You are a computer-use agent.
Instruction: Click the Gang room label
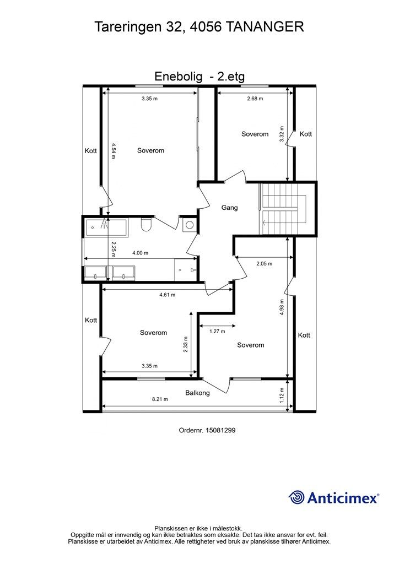pos(229,208)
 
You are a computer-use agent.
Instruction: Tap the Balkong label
pos(197,393)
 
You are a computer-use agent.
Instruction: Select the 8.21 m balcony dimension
pos(160,399)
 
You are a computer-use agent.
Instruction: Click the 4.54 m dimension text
pos(113,151)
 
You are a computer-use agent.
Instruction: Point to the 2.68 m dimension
pos(255,98)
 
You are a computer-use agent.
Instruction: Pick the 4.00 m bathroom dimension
pos(141,253)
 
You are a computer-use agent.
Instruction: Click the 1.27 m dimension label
pos(217,331)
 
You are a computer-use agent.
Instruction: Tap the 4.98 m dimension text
pos(282,307)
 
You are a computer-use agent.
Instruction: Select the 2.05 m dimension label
pos(264,263)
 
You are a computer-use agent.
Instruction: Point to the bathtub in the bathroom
pos(106,227)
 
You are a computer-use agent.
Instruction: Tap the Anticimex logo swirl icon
pos(296,497)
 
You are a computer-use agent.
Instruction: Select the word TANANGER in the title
pos(265,27)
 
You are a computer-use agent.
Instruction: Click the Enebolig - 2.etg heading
pos(199,76)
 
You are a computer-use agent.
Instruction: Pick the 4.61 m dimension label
pos(168,295)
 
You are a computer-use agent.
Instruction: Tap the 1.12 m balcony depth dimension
pos(282,395)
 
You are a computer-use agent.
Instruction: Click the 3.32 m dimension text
pos(282,134)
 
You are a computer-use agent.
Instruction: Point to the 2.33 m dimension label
pos(186,344)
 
